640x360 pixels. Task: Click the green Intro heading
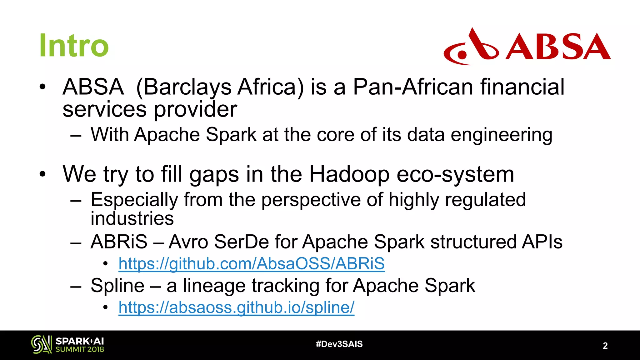pos(74,46)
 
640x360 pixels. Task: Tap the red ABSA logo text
pos(558,47)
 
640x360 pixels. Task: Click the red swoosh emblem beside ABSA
pos(471,47)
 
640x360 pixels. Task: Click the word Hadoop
pos(349,174)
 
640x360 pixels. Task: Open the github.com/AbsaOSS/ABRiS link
pos(252,263)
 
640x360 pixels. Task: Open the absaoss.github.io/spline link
pos(237,307)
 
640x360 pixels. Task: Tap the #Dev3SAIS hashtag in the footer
pos(339,344)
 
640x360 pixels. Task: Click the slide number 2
pos(605,346)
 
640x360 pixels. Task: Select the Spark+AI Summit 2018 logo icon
pos(42,345)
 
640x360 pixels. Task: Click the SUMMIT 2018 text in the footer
pos(80,349)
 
